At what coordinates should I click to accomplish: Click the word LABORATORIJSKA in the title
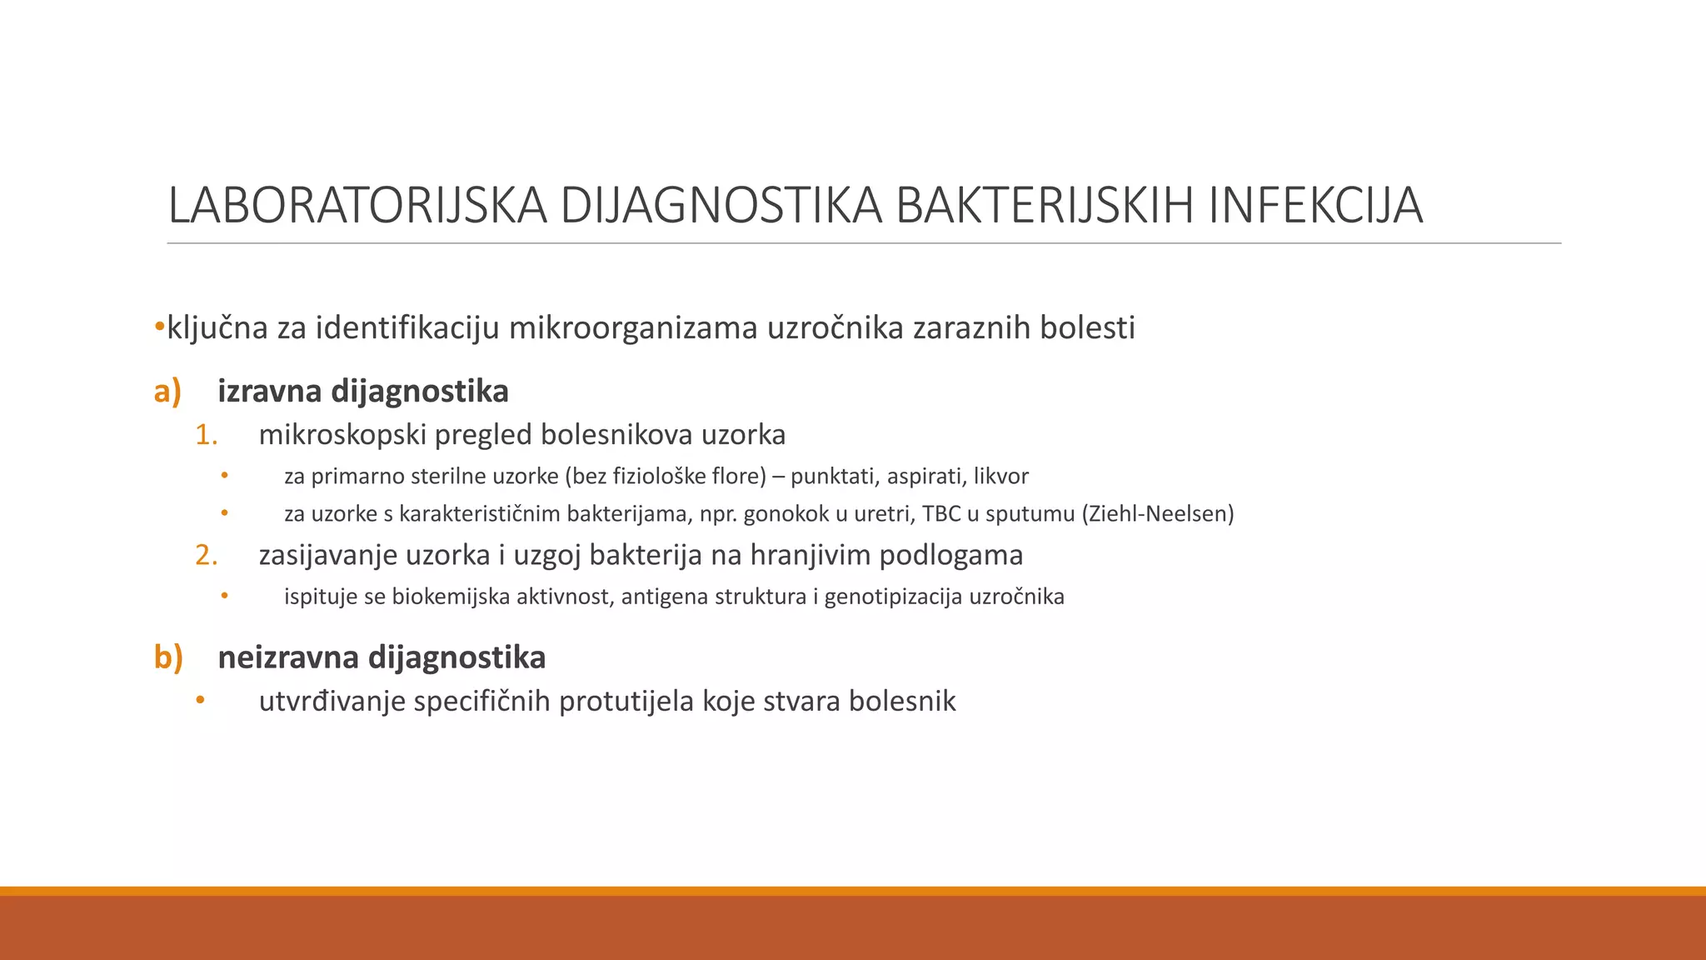pyautogui.click(x=357, y=205)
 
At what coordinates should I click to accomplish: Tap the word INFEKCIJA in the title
pyautogui.click(x=1315, y=205)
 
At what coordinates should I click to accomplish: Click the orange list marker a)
pyautogui.click(x=167, y=391)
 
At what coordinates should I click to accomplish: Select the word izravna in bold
pyautogui.click(x=270, y=391)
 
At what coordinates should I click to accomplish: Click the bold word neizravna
pyautogui.click(x=288, y=657)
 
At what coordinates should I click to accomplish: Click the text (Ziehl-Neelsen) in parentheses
pyautogui.click(x=1158, y=513)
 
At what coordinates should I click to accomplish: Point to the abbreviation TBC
pyautogui.click(x=941, y=513)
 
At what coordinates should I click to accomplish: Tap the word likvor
pyautogui.click(x=1001, y=477)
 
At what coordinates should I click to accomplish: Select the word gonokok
pyautogui.click(x=781, y=513)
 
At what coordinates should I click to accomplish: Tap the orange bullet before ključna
pyautogui.click(x=160, y=327)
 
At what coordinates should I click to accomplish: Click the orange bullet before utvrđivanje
pyautogui.click(x=200, y=701)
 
